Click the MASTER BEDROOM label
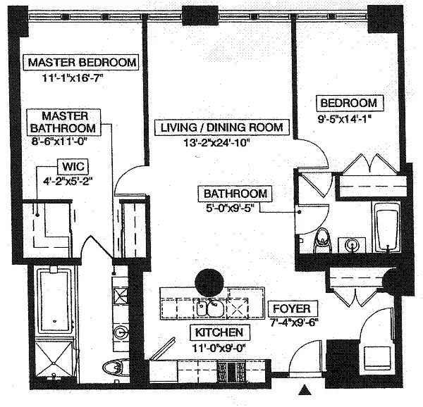coord(81,63)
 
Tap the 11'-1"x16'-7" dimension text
coord(73,78)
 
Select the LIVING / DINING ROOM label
coord(222,127)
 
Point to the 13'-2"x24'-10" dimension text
coord(216,142)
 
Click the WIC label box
coord(73,166)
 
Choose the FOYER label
coord(293,308)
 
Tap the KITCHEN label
coord(219,332)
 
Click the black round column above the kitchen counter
coord(209,282)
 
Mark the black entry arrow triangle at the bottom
coord(305,389)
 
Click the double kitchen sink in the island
coord(211,308)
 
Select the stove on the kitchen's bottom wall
coord(231,371)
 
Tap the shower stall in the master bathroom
coord(55,359)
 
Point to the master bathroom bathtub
coord(54,301)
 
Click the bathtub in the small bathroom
coord(387,227)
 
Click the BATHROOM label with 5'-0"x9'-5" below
coord(235,194)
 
